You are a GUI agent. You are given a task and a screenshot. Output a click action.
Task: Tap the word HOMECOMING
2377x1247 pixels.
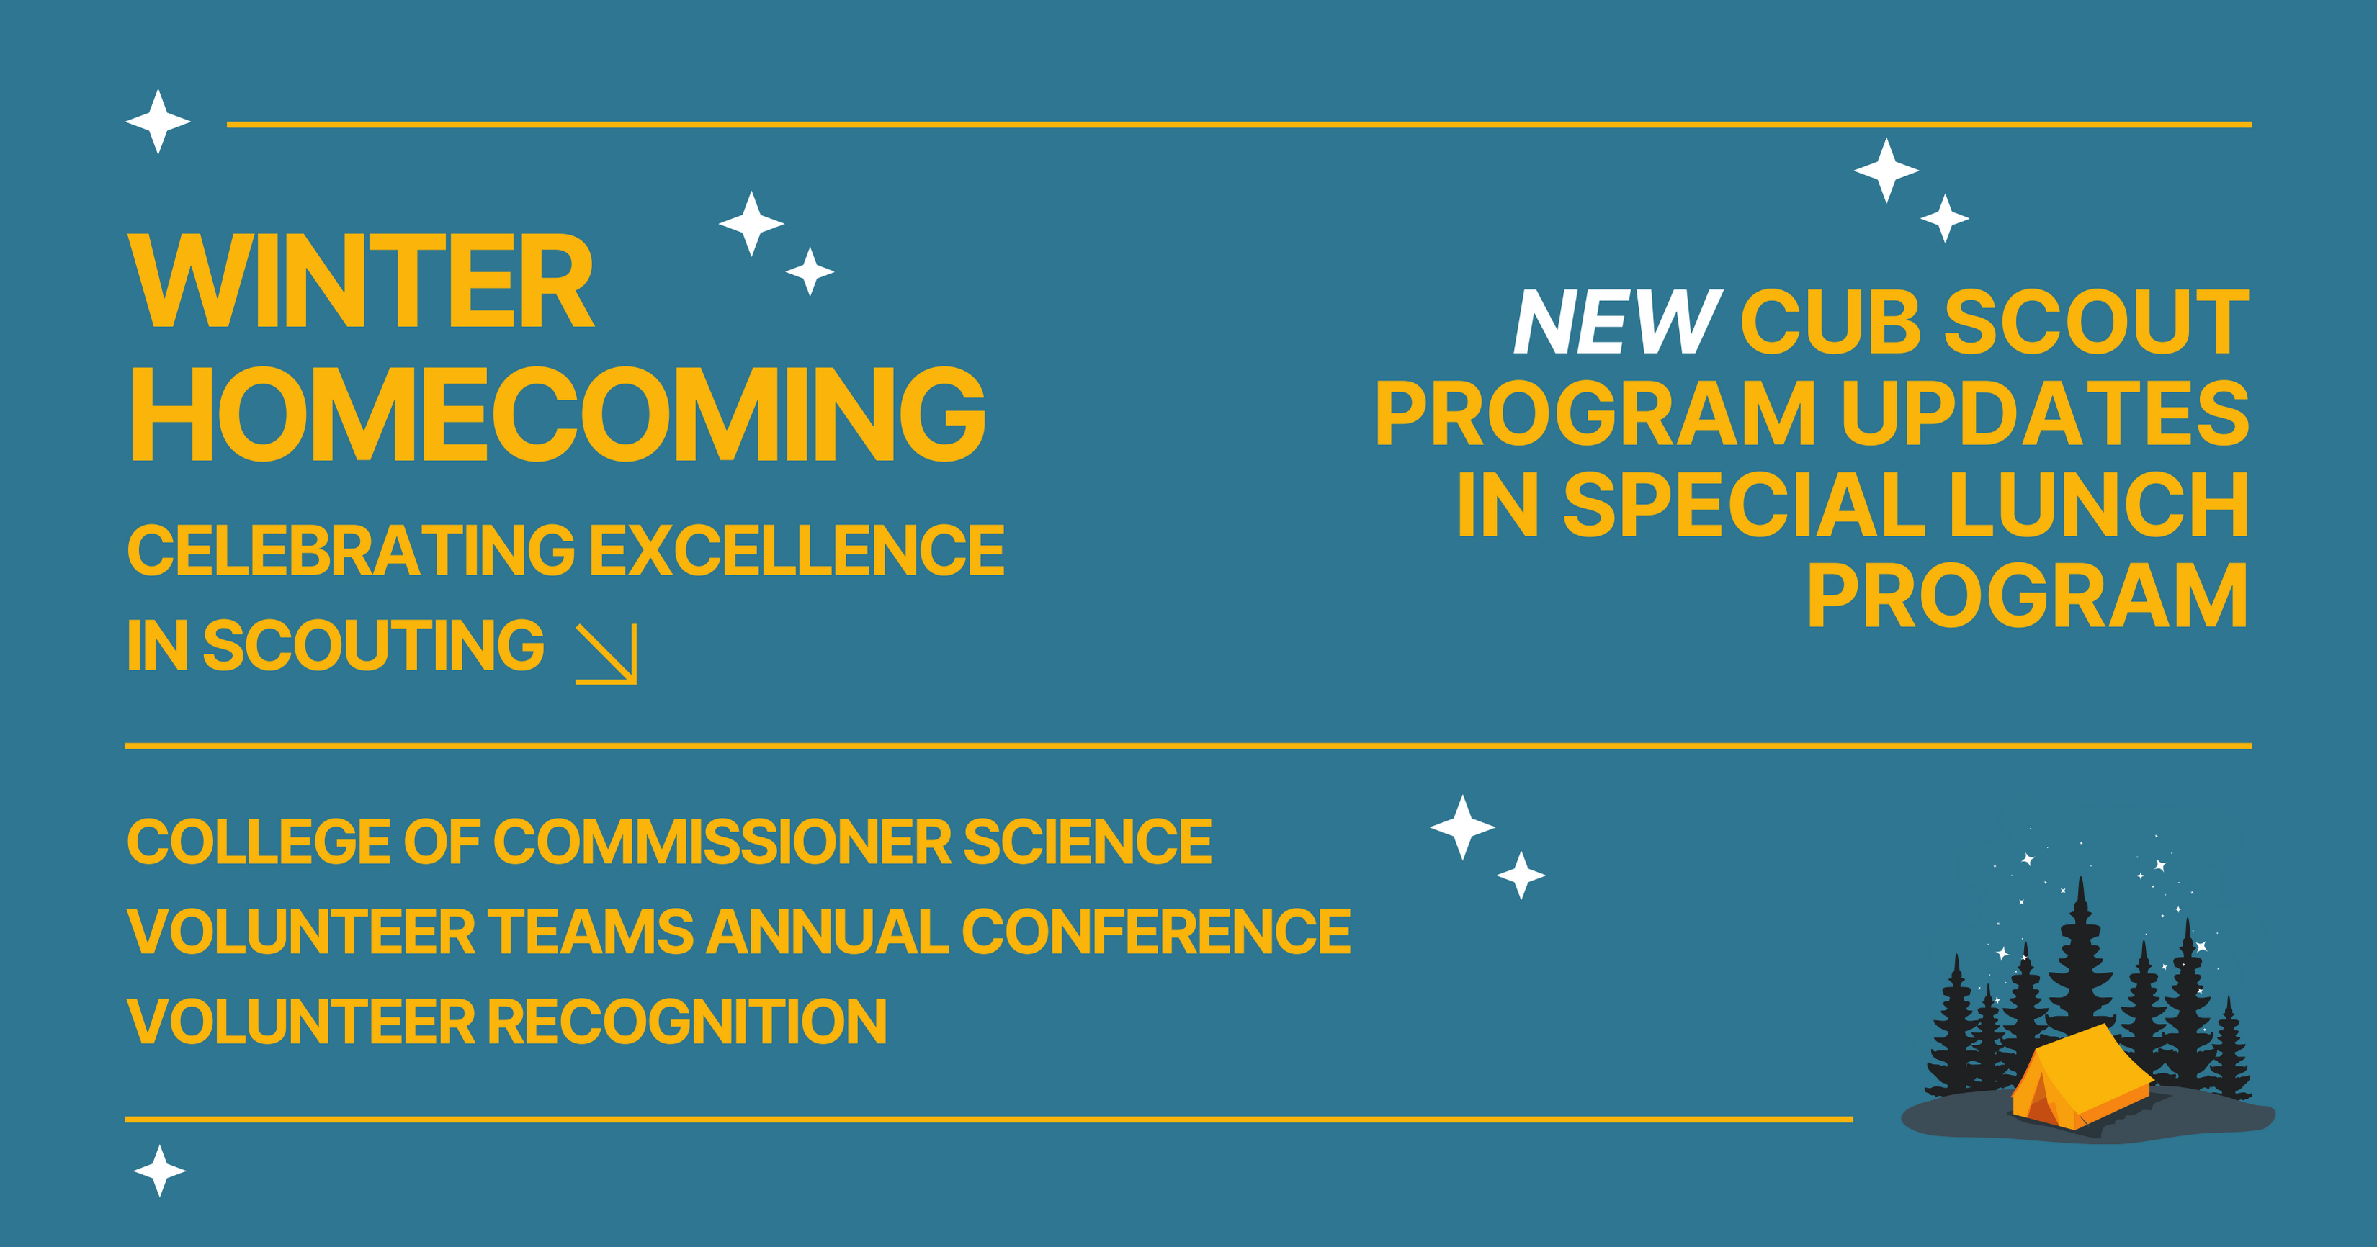tap(558, 414)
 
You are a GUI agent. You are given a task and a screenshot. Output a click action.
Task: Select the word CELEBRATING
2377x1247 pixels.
tap(351, 551)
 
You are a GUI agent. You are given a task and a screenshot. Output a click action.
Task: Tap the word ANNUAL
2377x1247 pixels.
tap(827, 931)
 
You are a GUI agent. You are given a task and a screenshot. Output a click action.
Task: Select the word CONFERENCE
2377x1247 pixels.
tap(1156, 931)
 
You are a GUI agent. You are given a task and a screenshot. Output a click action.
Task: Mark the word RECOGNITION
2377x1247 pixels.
tap(686, 1021)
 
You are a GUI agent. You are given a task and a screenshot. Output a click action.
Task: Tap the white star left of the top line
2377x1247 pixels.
tap(158, 122)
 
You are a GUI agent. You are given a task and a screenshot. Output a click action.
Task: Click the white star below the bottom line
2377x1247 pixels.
tap(160, 1171)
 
